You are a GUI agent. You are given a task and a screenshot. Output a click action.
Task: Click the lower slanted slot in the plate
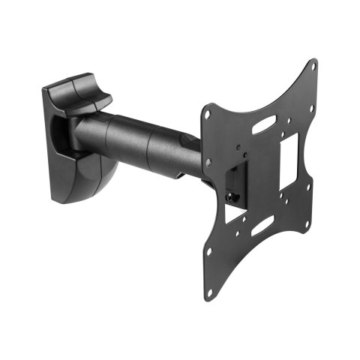[263, 222]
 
